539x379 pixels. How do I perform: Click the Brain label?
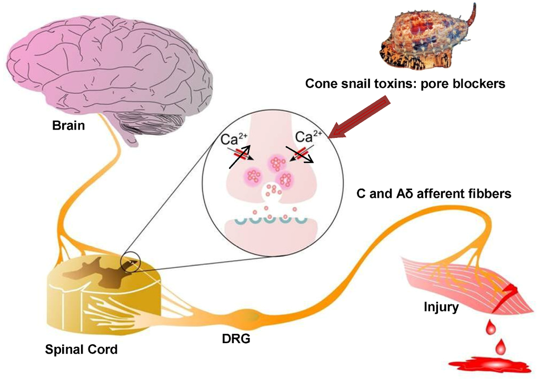(68, 126)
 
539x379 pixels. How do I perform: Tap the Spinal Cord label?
(81, 348)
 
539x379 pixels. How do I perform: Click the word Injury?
(441, 306)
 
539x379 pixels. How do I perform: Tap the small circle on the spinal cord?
(131, 262)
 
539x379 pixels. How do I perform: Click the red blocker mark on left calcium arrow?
(239, 153)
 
